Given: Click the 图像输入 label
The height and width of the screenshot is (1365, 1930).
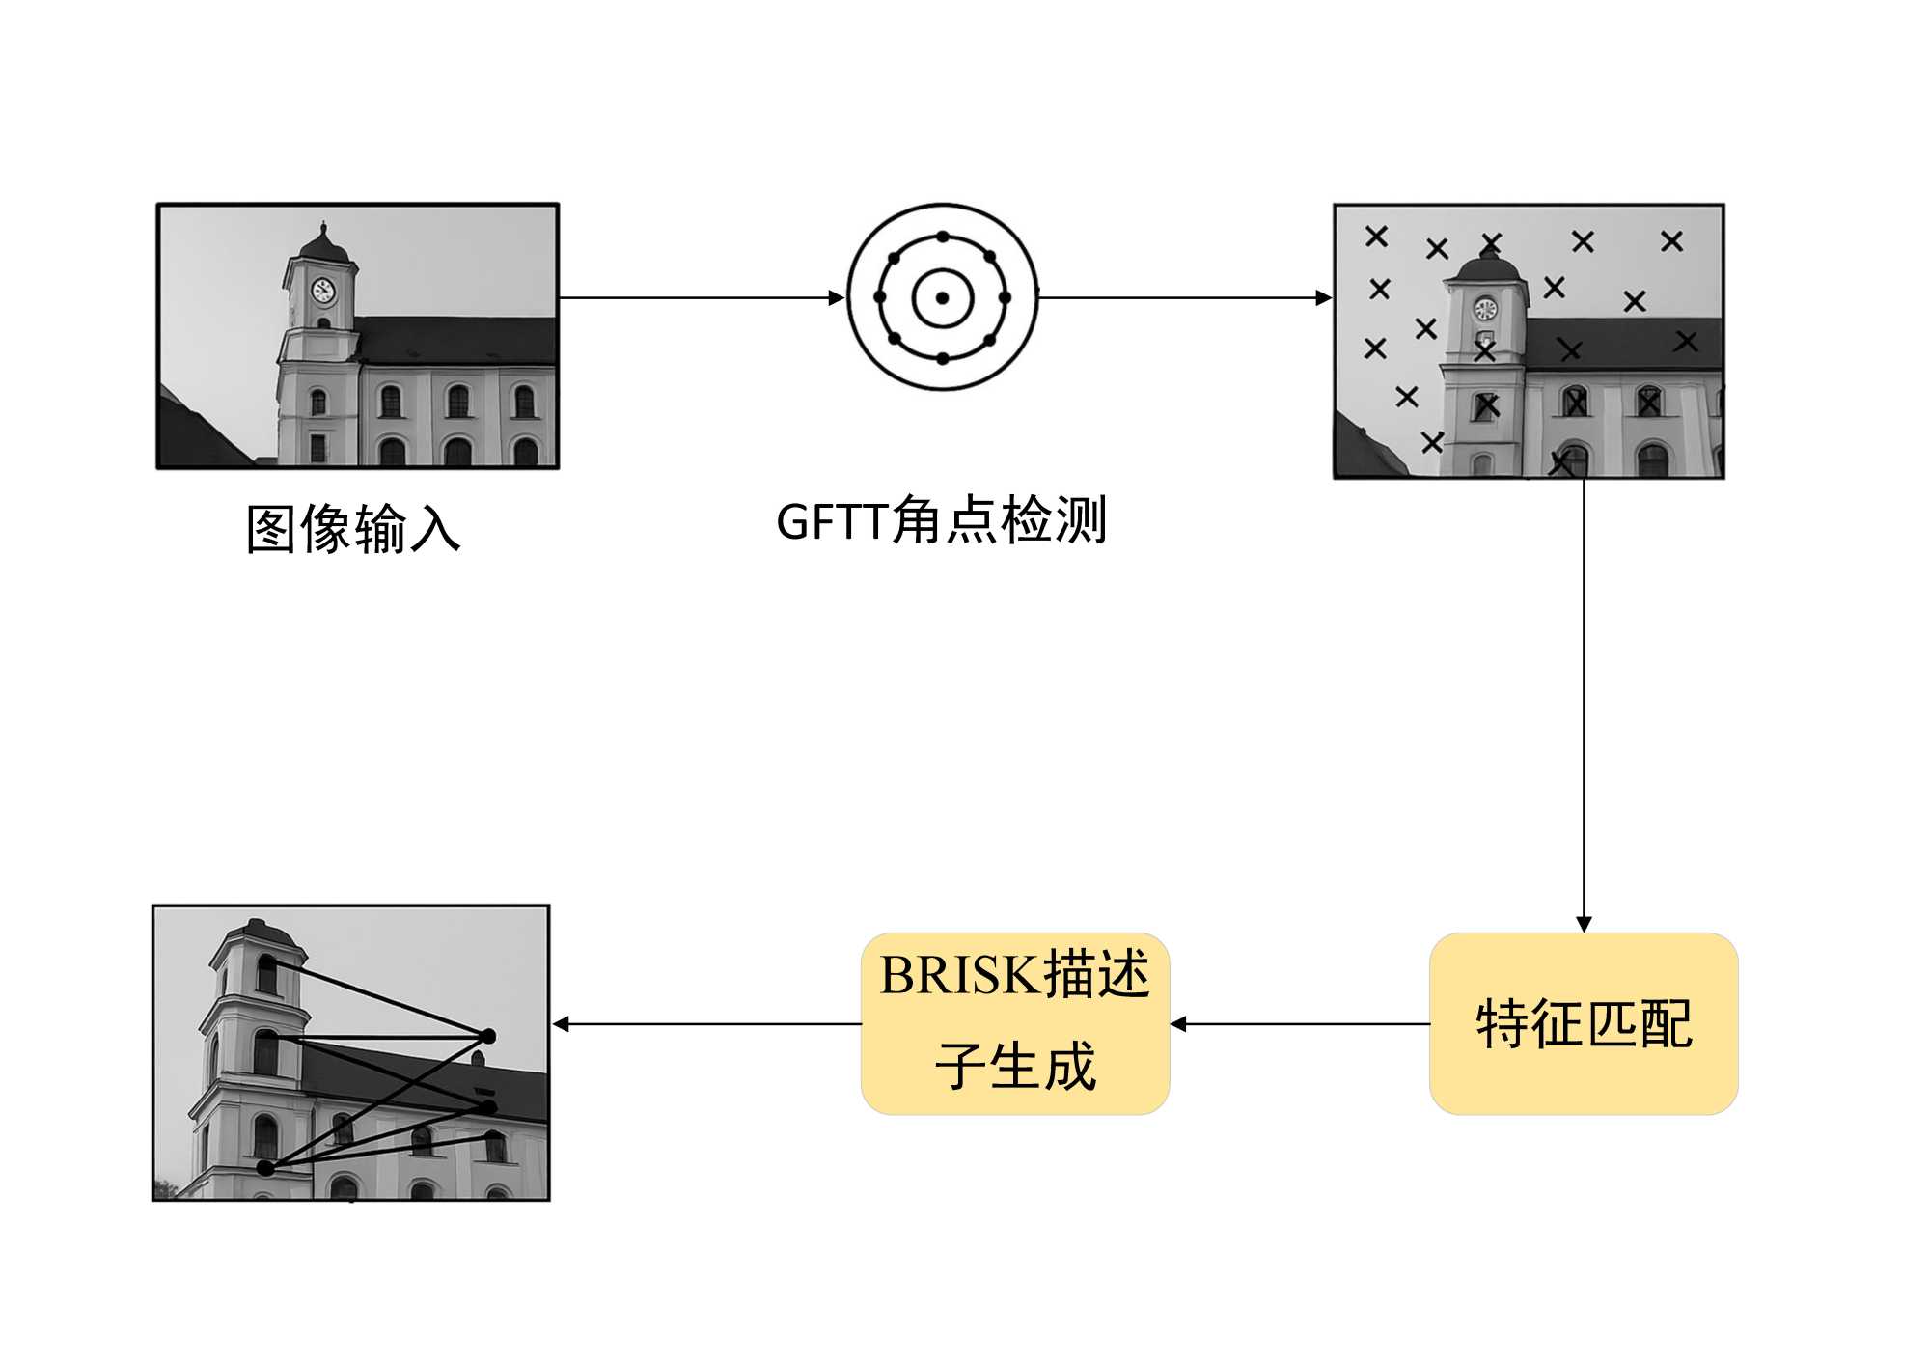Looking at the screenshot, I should tap(353, 529).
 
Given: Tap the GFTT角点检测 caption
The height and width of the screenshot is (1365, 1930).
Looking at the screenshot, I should tap(941, 521).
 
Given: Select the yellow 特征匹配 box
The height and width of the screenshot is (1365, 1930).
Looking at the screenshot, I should tap(1583, 1023).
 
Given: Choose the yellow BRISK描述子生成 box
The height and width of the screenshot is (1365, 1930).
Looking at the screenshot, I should tap(1015, 1023).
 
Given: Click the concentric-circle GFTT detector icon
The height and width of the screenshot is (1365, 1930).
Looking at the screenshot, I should tap(943, 297).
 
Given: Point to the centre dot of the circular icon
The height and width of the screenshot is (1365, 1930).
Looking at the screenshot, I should tap(943, 297).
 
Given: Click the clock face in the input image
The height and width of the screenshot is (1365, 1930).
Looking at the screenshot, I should tap(323, 290).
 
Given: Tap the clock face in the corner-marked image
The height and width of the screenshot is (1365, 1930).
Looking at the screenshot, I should tap(1485, 310).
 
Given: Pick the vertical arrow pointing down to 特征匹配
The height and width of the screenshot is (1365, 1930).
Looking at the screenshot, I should tap(1583, 705).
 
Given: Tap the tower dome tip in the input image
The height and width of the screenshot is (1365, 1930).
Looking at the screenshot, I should tap(323, 226).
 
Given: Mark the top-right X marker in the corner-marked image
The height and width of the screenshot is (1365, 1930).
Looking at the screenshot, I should tap(1671, 240).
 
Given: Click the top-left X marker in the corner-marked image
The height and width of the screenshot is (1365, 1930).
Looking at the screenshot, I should tap(1376, 236).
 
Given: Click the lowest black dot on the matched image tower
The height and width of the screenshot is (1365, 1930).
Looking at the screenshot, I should tap(265, 1168).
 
